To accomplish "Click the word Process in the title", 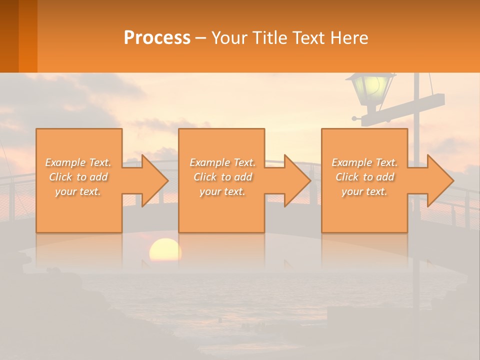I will [157, 38].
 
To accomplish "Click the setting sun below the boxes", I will [165, 250].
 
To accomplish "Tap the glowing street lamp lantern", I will [372, 87].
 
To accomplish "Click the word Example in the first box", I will [65, 162].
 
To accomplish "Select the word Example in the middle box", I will [209, 162].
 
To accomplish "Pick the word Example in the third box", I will [351, 162].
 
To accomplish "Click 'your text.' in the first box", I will [78, 191].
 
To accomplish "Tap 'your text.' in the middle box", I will [222, 191].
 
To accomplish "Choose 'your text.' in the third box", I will [364, 191].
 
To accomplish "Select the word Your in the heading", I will [230, 38].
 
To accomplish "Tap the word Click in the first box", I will [60, 177].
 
